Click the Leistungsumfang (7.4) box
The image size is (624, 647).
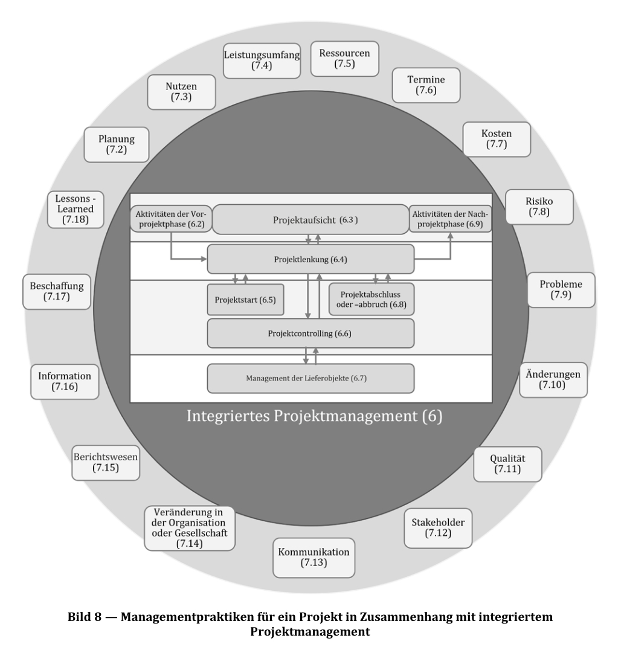[x=262, y=60]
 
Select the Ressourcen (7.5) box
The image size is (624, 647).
[x=344, y=58]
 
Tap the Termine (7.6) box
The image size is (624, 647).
[x=426, y=85]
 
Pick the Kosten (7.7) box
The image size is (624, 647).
[x=496, y=139]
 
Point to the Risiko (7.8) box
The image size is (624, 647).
[x=539, y=207]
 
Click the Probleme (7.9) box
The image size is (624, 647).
[x=561, y=289]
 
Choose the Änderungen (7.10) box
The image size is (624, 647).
[x=553, y=379]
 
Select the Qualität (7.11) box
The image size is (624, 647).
[x=507, y=463]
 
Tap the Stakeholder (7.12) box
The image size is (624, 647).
[x=438, y=527]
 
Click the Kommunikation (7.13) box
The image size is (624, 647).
[x=314, y=558]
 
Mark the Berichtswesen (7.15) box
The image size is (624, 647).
[x=105, y=462]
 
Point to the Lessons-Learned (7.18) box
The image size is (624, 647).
[x=76, y=209]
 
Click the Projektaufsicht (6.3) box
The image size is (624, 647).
[x=310, y=219]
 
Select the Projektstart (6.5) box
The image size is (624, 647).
[x=245, y=300]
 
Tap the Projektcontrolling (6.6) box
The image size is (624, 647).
[x=310, y=333]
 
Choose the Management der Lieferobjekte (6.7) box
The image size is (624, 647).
[x=310, y=378]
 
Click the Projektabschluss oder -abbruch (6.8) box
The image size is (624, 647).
[x=372, y=298]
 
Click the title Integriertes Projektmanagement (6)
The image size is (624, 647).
[x=314, y=417]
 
